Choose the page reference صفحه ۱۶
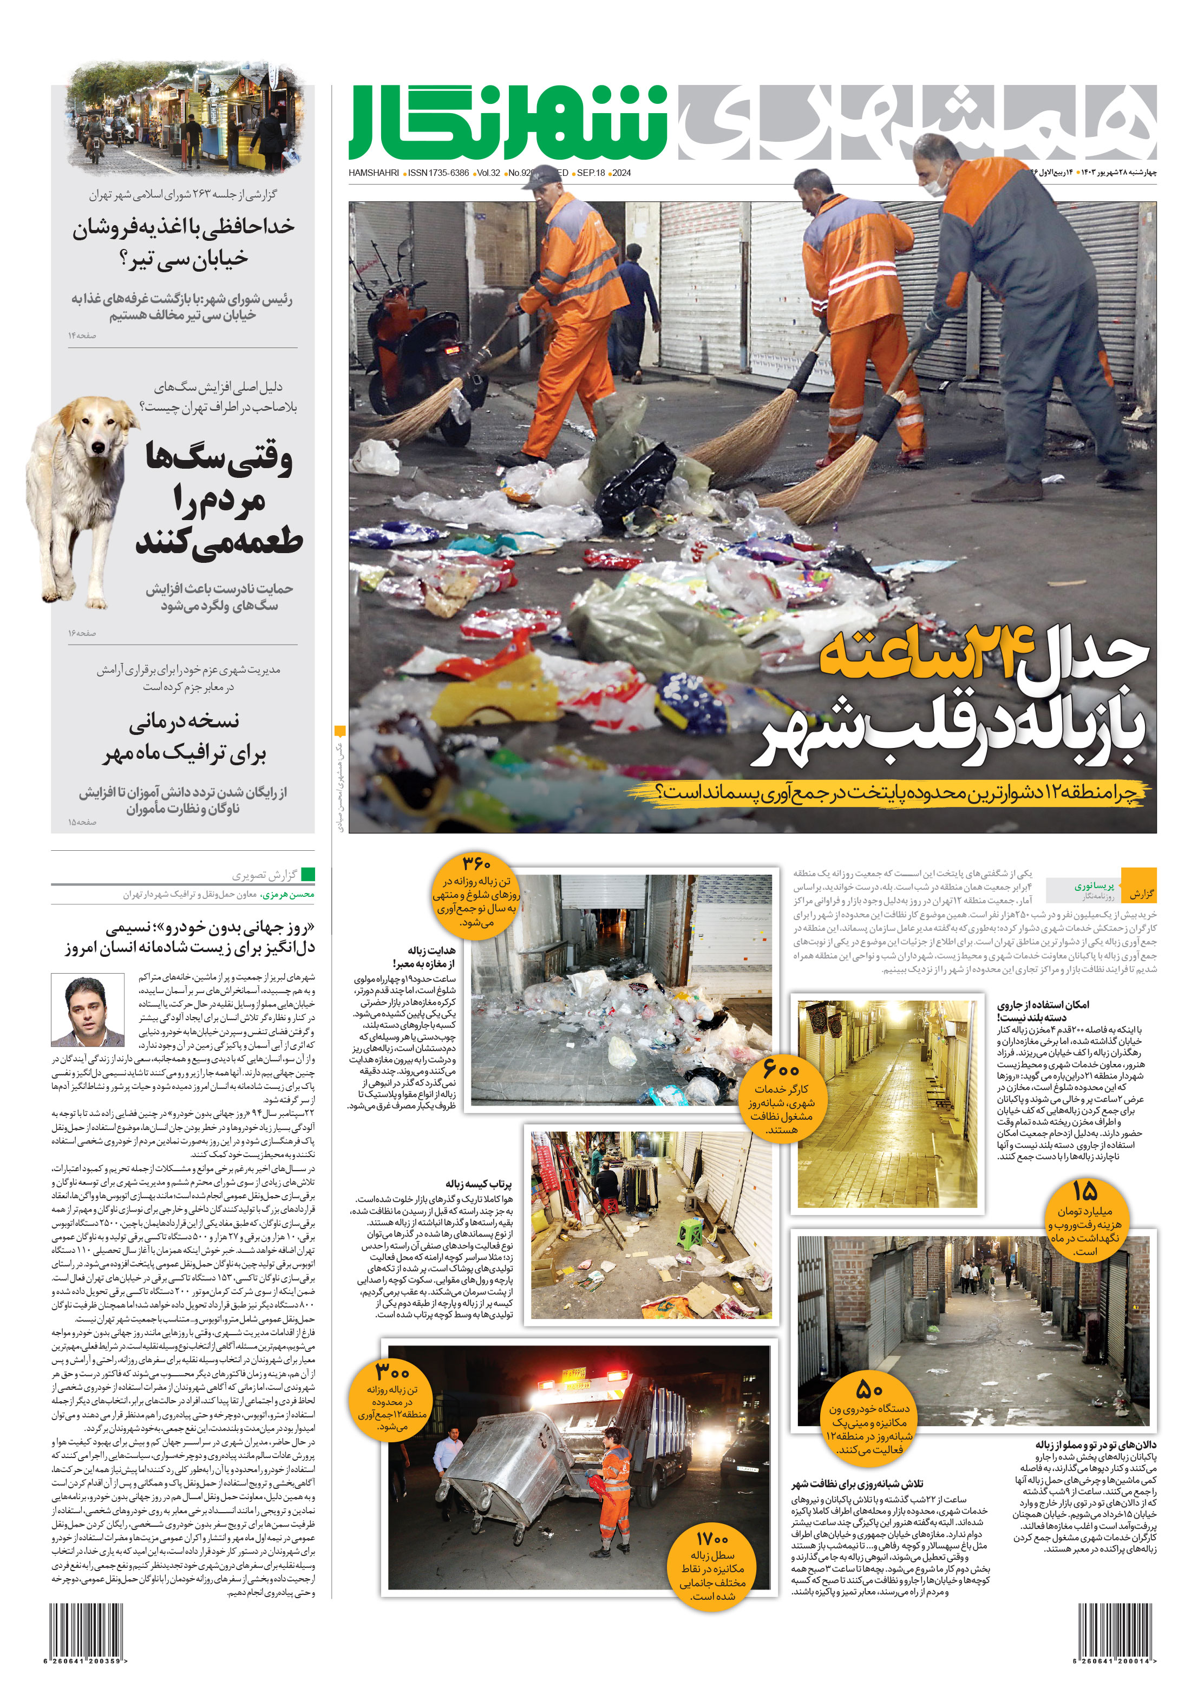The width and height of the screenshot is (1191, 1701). click(82, 633)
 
